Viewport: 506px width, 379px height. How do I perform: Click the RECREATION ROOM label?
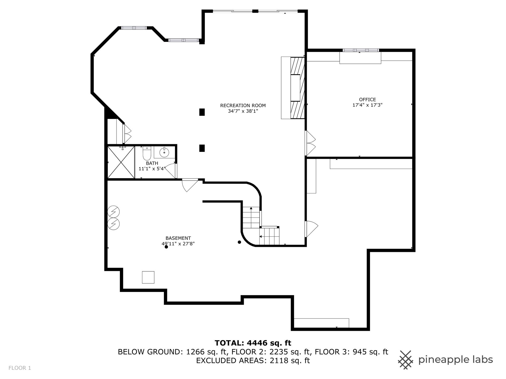click(x=243, y=106)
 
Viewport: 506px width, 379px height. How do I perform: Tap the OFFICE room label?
click(x=367, y=99)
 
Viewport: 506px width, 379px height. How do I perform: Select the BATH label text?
click(x=152, y=163)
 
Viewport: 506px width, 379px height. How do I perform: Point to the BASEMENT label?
click(x=178, y=238)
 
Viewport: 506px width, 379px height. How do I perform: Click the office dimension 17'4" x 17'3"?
click(x=367, y=105)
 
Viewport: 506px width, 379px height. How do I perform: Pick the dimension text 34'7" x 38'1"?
click(x=243, y=111)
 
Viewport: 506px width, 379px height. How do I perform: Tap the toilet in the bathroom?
click(x=147, y=153)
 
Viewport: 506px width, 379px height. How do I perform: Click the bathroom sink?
click(x=164, y=152)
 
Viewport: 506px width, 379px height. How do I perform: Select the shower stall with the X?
click(x=121, y=162)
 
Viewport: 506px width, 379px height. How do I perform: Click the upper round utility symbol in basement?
click(x=114, y=211)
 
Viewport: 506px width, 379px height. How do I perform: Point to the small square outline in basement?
click(x=148, y=277)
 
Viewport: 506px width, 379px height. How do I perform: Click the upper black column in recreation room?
click(x=202, y=112)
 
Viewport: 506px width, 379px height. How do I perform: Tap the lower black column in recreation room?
click(x=202, y=148)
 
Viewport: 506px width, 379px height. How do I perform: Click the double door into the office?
click(x=310, y=143)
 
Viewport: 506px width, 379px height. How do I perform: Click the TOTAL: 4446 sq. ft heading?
click(x=253, y=343)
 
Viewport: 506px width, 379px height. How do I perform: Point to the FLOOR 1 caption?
click(x=20, y=368)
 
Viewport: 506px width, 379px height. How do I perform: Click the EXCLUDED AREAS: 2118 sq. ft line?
click(x=253, y=361)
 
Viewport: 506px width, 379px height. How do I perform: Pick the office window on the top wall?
click(x=361, y=50)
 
